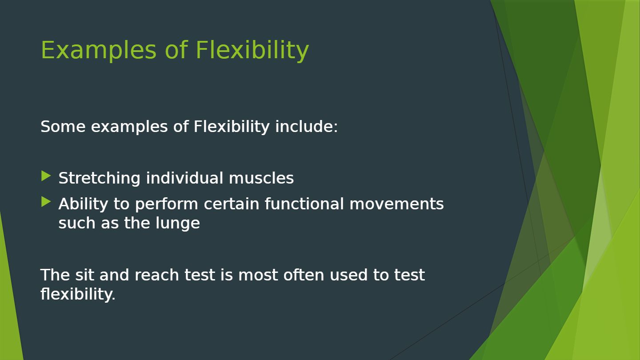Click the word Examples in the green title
pyautogui.click(x=99, y=50)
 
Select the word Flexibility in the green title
pyautogui.click(x=252, y=50)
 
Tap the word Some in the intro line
pyautogui.click(x=63, y=127)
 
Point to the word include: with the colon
pyautogui.click(x=306, y=127)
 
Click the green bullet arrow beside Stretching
pyautogui.click(x=46, y=176)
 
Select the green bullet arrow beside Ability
pyautogui.click(x=46, y=202)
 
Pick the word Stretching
pyautogui.click(x=99, y=179)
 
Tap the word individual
pyautogui.click(x=184, y=178)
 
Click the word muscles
pyautogui.click(x=261, y=178)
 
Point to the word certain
pyautogui.click(x=232, y=204)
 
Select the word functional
pyautogui.click(x=304, y=204)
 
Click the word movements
pyautogui.click(x=396, y=204)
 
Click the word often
pyautogui.click(x=304, y=275)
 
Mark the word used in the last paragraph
pyautogui.click(x=348, y=275)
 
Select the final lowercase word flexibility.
pyautogui.click(x=78, y=294)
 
